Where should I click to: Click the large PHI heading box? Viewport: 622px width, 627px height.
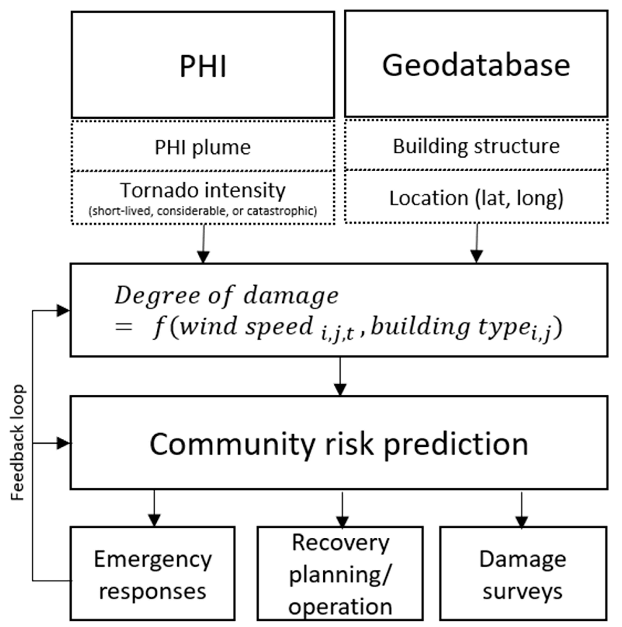click(x=203, y=65)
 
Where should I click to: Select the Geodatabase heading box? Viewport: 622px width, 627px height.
click(x=476, y=65)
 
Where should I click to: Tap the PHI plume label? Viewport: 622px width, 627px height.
click(x=203, y=147)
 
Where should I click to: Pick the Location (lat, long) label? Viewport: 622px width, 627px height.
click(x=476, y=198)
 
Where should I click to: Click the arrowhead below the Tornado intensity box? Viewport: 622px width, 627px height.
click(x=203, y=256)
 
